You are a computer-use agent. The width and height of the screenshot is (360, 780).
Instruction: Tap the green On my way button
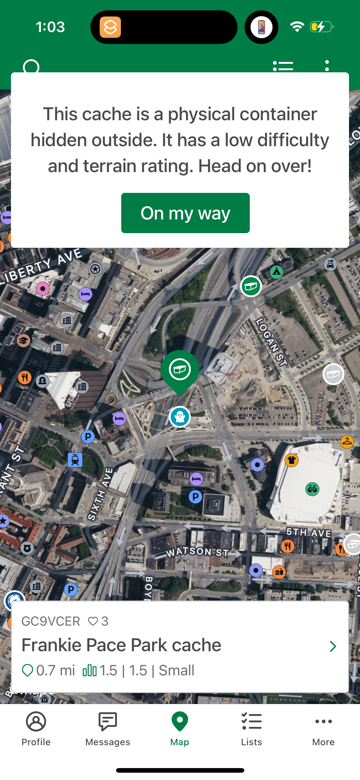coord(185,213)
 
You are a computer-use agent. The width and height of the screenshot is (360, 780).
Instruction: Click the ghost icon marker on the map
coord(180,417)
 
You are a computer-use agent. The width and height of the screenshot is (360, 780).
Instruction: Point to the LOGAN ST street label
coord(271,342)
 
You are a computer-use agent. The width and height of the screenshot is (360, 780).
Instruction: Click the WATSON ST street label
coord(197,551)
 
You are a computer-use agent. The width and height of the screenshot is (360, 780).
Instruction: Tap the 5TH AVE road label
coord(309,533)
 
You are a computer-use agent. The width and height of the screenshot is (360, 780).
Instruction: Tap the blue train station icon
coord(75,460)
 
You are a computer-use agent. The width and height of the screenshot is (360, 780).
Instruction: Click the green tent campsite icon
coord(277,271)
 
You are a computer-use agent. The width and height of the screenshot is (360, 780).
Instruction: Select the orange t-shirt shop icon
coord(292,460)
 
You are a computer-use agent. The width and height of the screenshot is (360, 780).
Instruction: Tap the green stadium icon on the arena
coord(312,489)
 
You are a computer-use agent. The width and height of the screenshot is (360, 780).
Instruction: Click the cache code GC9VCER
coord(51,621)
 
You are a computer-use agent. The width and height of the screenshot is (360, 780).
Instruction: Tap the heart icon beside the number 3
coord(93,621)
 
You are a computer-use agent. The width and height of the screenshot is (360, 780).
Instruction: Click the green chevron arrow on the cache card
coord(333,646)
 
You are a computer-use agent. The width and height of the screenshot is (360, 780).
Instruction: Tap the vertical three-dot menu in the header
coord(327,66)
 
